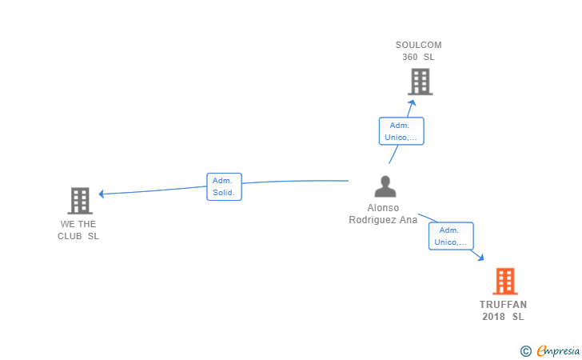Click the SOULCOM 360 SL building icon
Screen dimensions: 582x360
pos(421,82)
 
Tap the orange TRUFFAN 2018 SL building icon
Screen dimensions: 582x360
pos(505,282)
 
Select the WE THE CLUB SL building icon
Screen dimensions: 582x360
pos(80,201)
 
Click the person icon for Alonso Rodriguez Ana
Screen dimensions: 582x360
pos(385,186)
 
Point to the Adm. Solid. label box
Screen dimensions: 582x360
pos(224,186)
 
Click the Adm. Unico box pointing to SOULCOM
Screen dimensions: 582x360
pos(401,131)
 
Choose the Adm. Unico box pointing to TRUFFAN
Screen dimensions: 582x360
pos(451,236)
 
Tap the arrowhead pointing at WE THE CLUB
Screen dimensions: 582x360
pos(101,194)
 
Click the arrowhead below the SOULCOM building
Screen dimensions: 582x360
pos(412,102)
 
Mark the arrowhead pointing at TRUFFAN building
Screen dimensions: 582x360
pos(480,258)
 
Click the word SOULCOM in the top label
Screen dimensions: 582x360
pos(419,45)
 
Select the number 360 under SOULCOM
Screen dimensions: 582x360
pos(410,57)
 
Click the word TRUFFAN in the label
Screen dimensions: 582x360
pos(504,305)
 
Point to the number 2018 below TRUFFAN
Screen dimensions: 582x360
pos(494,317)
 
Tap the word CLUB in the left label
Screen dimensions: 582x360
pos(70,236)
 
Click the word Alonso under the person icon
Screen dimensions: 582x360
pos(383,208)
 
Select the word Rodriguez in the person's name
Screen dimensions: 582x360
pos(373,220)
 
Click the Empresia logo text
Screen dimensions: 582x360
pos(558,350)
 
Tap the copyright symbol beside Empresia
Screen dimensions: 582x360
pos(526,351)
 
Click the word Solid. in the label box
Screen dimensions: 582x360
pos(224,193)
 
